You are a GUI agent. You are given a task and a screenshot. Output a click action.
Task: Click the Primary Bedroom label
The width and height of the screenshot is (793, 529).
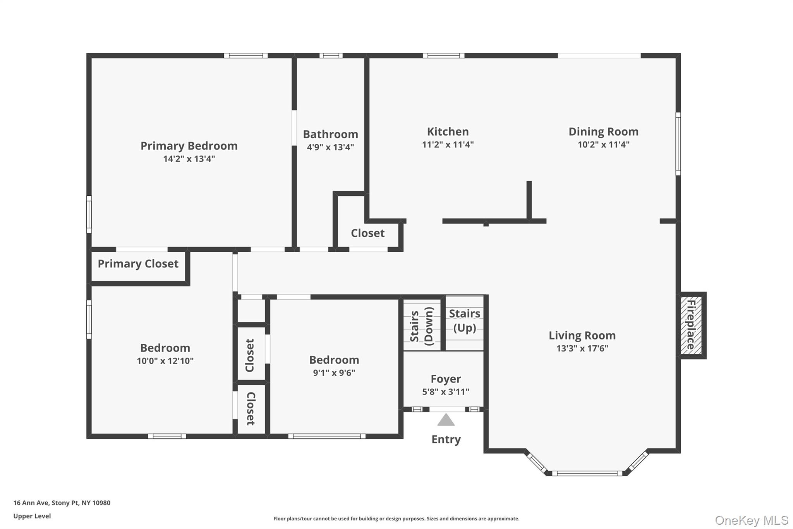point(189,146)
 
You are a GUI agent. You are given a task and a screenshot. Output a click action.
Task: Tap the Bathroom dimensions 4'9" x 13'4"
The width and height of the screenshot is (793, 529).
point(330,147)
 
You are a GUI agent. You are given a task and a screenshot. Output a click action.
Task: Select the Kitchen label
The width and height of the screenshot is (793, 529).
point(448,131)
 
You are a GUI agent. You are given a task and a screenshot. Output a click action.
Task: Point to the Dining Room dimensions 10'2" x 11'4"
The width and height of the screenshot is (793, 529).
point(603,145)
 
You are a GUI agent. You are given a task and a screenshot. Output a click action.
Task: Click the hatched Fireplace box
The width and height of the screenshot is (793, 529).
point(691,325)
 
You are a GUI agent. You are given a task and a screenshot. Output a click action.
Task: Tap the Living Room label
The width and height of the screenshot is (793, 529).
point(582,335)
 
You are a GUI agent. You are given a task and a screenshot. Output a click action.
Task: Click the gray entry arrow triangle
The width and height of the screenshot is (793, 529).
point(446,420)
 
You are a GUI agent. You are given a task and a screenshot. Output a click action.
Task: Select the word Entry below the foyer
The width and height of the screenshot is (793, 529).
point(446,439)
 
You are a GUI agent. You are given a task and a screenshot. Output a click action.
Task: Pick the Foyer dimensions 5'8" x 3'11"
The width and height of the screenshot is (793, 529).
point(446,392)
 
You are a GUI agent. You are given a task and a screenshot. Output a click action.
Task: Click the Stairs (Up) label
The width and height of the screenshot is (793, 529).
point(464,321)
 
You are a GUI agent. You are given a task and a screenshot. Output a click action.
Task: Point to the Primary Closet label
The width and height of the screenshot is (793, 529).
point(138,264)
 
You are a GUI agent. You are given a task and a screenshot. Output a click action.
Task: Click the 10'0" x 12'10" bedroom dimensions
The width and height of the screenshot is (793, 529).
point(165,361)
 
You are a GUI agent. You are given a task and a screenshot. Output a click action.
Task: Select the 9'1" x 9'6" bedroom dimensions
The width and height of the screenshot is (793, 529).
point(334,373)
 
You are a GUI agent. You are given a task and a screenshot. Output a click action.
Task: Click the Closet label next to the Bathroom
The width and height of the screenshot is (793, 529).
point(367,233)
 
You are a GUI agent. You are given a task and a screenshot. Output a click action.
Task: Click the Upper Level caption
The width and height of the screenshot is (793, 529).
point(32,516)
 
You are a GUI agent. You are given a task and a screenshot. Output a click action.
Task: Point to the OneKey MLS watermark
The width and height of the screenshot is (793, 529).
point(751,520)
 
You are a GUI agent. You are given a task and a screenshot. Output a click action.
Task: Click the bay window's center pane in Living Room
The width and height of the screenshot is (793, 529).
point(587,473)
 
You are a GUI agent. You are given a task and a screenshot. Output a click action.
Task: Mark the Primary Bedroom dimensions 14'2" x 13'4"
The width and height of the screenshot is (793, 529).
point(189,159)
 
